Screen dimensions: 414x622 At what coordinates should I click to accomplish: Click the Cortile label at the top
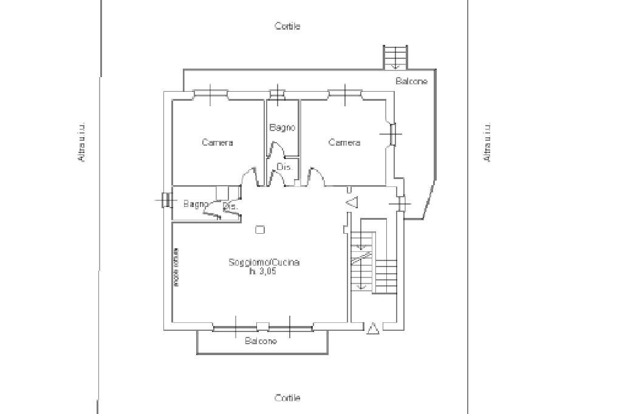click(x=287, y=26)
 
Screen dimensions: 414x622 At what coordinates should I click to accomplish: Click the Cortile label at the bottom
click(x=287, y=398)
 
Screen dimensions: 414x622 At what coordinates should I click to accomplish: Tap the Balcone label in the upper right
click(x=412, y=81)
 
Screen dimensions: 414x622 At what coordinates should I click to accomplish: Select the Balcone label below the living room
click(x=261, y=341)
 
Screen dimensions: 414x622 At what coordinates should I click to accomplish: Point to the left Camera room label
click(x=217, y=143)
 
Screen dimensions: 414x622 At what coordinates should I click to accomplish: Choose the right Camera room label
click(x=344, y=143)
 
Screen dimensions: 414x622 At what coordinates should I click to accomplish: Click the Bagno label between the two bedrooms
click(x=282, y=127)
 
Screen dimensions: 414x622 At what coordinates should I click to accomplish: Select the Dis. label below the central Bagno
click(x=284, y=167)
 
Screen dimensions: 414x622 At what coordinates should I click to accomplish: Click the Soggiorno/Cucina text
click(x=264, y=263)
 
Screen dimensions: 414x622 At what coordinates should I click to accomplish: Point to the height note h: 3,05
click(x=263, y=272)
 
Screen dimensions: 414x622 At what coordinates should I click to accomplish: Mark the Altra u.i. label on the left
click(x=81, y=143)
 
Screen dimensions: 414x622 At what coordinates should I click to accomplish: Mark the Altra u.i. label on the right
click(x=487, y=143)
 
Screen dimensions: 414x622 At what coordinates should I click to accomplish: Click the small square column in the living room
click(x=260, y=229)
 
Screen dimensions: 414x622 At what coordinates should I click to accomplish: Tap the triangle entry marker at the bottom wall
click(x=373, y=328)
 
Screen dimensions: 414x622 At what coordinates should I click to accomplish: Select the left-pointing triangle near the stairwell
click(x=352, y=203)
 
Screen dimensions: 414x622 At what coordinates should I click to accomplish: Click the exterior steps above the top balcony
click(x=395, y=57)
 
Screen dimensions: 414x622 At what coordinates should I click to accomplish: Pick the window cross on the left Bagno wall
click(x=165, y=200)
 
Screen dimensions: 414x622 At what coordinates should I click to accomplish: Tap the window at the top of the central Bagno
click(x=277, y=93)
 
